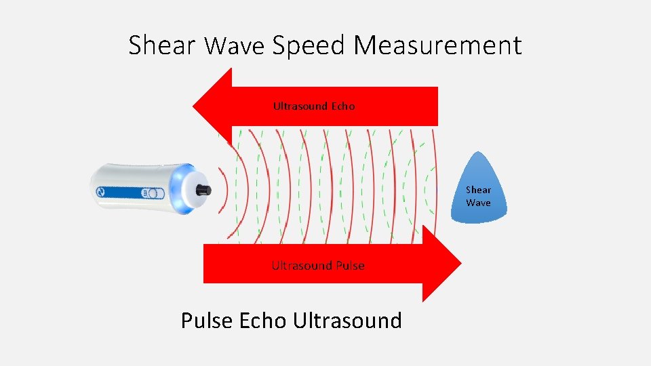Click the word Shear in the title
[x=161, y=46]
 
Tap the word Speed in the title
[x=309, y=46]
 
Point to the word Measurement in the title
[x=437, y=46]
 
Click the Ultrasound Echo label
[x=313, y=106]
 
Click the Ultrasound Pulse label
[x=317, y=266]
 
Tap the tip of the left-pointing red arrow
[x=195, y=106]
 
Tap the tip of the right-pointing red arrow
[x=459, y=263]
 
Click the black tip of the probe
[x=204, y=190]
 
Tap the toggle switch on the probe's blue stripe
[x=151, y=193]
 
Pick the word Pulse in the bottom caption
[x=208, y=320]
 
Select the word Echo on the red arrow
[x=343, y=106]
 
